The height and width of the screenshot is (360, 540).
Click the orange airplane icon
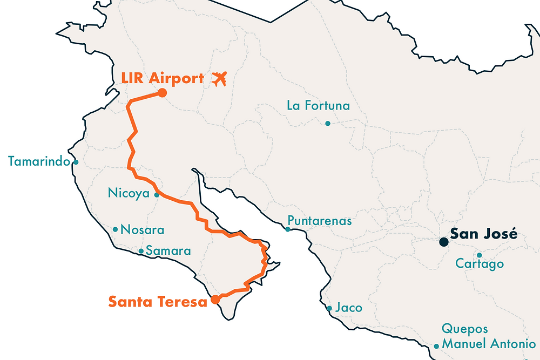click(x=219, y=79)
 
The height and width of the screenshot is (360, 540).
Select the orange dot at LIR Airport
click(x=161, y=93)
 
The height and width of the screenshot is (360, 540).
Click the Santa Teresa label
click(x=158, y=302)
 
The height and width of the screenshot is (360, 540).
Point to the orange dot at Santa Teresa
click(x=215, y=299)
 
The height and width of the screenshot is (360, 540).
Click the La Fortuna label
click(x=318, y=105)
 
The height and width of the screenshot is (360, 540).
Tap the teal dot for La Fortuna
click(x=327, y=124)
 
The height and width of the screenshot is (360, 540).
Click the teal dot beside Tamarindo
click(x=76, y=162)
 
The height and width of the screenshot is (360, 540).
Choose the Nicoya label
click(x=129, y=193)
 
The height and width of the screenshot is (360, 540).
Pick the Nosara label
click(x=143, y=230)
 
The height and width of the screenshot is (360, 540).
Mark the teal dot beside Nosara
click(x=115, y=229)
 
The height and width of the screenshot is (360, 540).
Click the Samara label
click(x=168, y=251)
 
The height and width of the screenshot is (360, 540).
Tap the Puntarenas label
click(x=320, y=221)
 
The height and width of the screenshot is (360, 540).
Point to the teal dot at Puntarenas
click(x=288, y=229)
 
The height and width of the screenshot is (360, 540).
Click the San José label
click(x=484, y=234)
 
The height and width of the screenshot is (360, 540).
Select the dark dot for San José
click(x=443, y=241)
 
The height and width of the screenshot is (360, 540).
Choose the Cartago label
click(x=480, y=264)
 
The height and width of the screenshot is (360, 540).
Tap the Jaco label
click(x=348, y=308)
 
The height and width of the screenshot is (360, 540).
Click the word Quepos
click(x=465, y=329)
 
